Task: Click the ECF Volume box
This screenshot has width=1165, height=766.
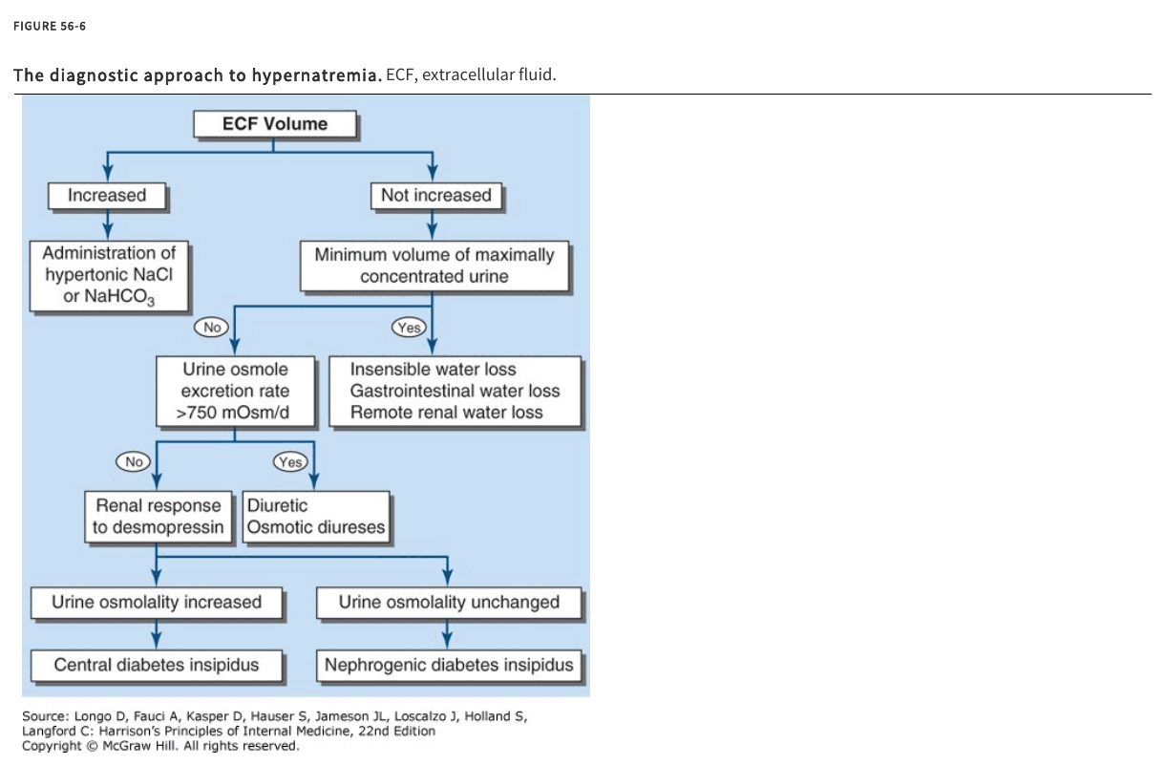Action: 275,124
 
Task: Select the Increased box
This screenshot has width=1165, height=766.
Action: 107,196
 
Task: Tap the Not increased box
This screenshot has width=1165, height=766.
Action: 436,196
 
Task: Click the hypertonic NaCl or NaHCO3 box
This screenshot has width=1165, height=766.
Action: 109,276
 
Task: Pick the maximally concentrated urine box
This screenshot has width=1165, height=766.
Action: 434,266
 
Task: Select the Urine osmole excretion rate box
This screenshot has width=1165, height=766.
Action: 235,391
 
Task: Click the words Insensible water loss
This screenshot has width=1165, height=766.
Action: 433,370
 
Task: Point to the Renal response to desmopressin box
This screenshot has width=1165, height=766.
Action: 159,517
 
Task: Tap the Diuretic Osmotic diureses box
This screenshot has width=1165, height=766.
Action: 316,517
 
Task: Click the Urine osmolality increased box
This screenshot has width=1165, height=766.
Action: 157,603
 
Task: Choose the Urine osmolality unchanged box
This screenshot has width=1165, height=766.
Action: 449,603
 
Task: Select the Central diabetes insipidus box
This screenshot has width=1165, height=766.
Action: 157,665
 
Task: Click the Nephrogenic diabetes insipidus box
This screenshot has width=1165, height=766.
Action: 449,665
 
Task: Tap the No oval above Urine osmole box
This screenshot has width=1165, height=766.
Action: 211,327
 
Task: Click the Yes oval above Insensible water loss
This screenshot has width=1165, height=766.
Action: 409,327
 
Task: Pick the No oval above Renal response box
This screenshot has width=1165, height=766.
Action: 133,461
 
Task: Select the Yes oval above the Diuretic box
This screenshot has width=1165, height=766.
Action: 290,461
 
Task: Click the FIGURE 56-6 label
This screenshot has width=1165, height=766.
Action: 50,26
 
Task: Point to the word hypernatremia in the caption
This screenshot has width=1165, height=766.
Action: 317,75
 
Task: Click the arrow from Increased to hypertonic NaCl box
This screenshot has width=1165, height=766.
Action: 108,224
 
